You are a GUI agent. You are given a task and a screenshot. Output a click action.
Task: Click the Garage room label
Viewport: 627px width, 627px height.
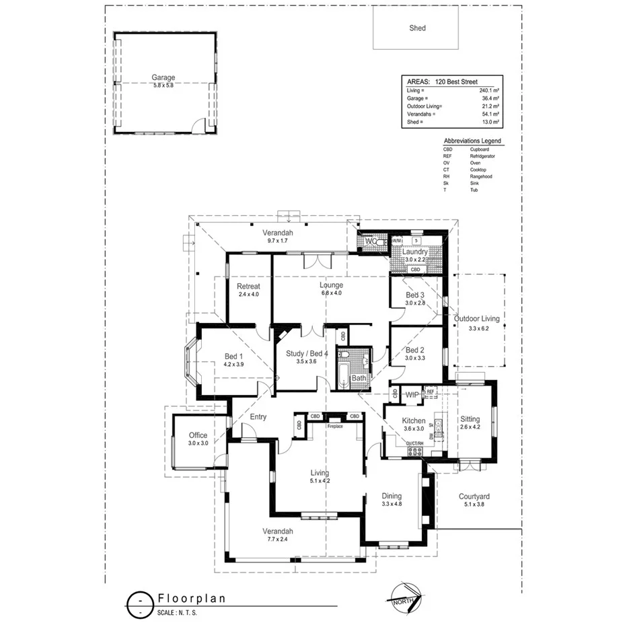163,77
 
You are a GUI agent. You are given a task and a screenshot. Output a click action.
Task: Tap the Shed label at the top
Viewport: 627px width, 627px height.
417,28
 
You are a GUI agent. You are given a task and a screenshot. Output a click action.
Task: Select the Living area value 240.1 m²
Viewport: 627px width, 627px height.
488,90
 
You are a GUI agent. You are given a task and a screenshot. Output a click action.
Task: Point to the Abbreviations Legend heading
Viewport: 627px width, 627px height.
472,141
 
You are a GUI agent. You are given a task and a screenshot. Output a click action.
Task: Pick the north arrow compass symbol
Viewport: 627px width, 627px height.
406,596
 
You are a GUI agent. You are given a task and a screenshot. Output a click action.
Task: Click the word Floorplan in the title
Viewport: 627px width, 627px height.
192,597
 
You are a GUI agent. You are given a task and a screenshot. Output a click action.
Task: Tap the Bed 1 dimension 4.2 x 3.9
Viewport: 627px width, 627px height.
233,364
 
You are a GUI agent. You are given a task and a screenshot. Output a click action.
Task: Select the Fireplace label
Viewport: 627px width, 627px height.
335,427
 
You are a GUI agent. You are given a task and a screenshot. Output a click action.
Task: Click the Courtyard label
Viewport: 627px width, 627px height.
474,496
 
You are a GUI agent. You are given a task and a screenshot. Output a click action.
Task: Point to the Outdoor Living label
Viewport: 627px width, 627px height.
477,319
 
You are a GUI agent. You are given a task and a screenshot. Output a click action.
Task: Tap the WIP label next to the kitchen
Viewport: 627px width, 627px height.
412,395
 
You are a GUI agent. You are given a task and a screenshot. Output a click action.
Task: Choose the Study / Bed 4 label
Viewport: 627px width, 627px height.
306,353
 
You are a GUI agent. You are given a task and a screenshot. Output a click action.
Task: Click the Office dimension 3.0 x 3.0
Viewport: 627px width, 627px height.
198,443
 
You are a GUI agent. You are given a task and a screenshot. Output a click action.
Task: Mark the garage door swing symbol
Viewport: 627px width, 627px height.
198,126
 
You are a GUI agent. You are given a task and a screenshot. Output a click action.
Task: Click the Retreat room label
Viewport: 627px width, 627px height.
248,286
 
